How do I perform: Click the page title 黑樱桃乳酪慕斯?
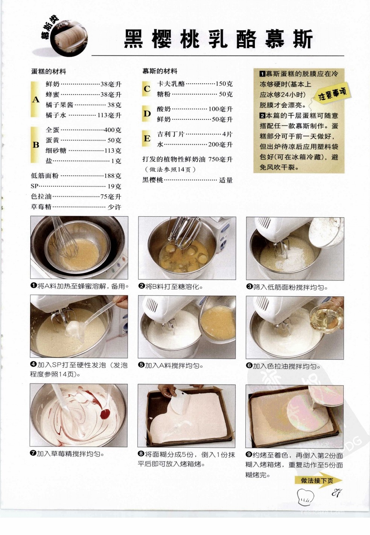(218, 39)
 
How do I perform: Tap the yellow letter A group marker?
(35, 99)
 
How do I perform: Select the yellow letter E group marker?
(147, 139)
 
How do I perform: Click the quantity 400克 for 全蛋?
(113, 130)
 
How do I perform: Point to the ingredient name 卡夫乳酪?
(171, 84)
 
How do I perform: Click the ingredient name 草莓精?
(41, 206)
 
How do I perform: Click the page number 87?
(337, 493)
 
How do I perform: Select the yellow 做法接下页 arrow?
(318, 480)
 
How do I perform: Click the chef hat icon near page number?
(305, 497)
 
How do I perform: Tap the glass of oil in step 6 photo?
(327, 317)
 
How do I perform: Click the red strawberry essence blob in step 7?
(105, 414)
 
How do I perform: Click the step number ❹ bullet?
(33, 365)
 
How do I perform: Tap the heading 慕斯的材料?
(160, 71)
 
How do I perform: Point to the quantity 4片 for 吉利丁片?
(227, 134)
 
